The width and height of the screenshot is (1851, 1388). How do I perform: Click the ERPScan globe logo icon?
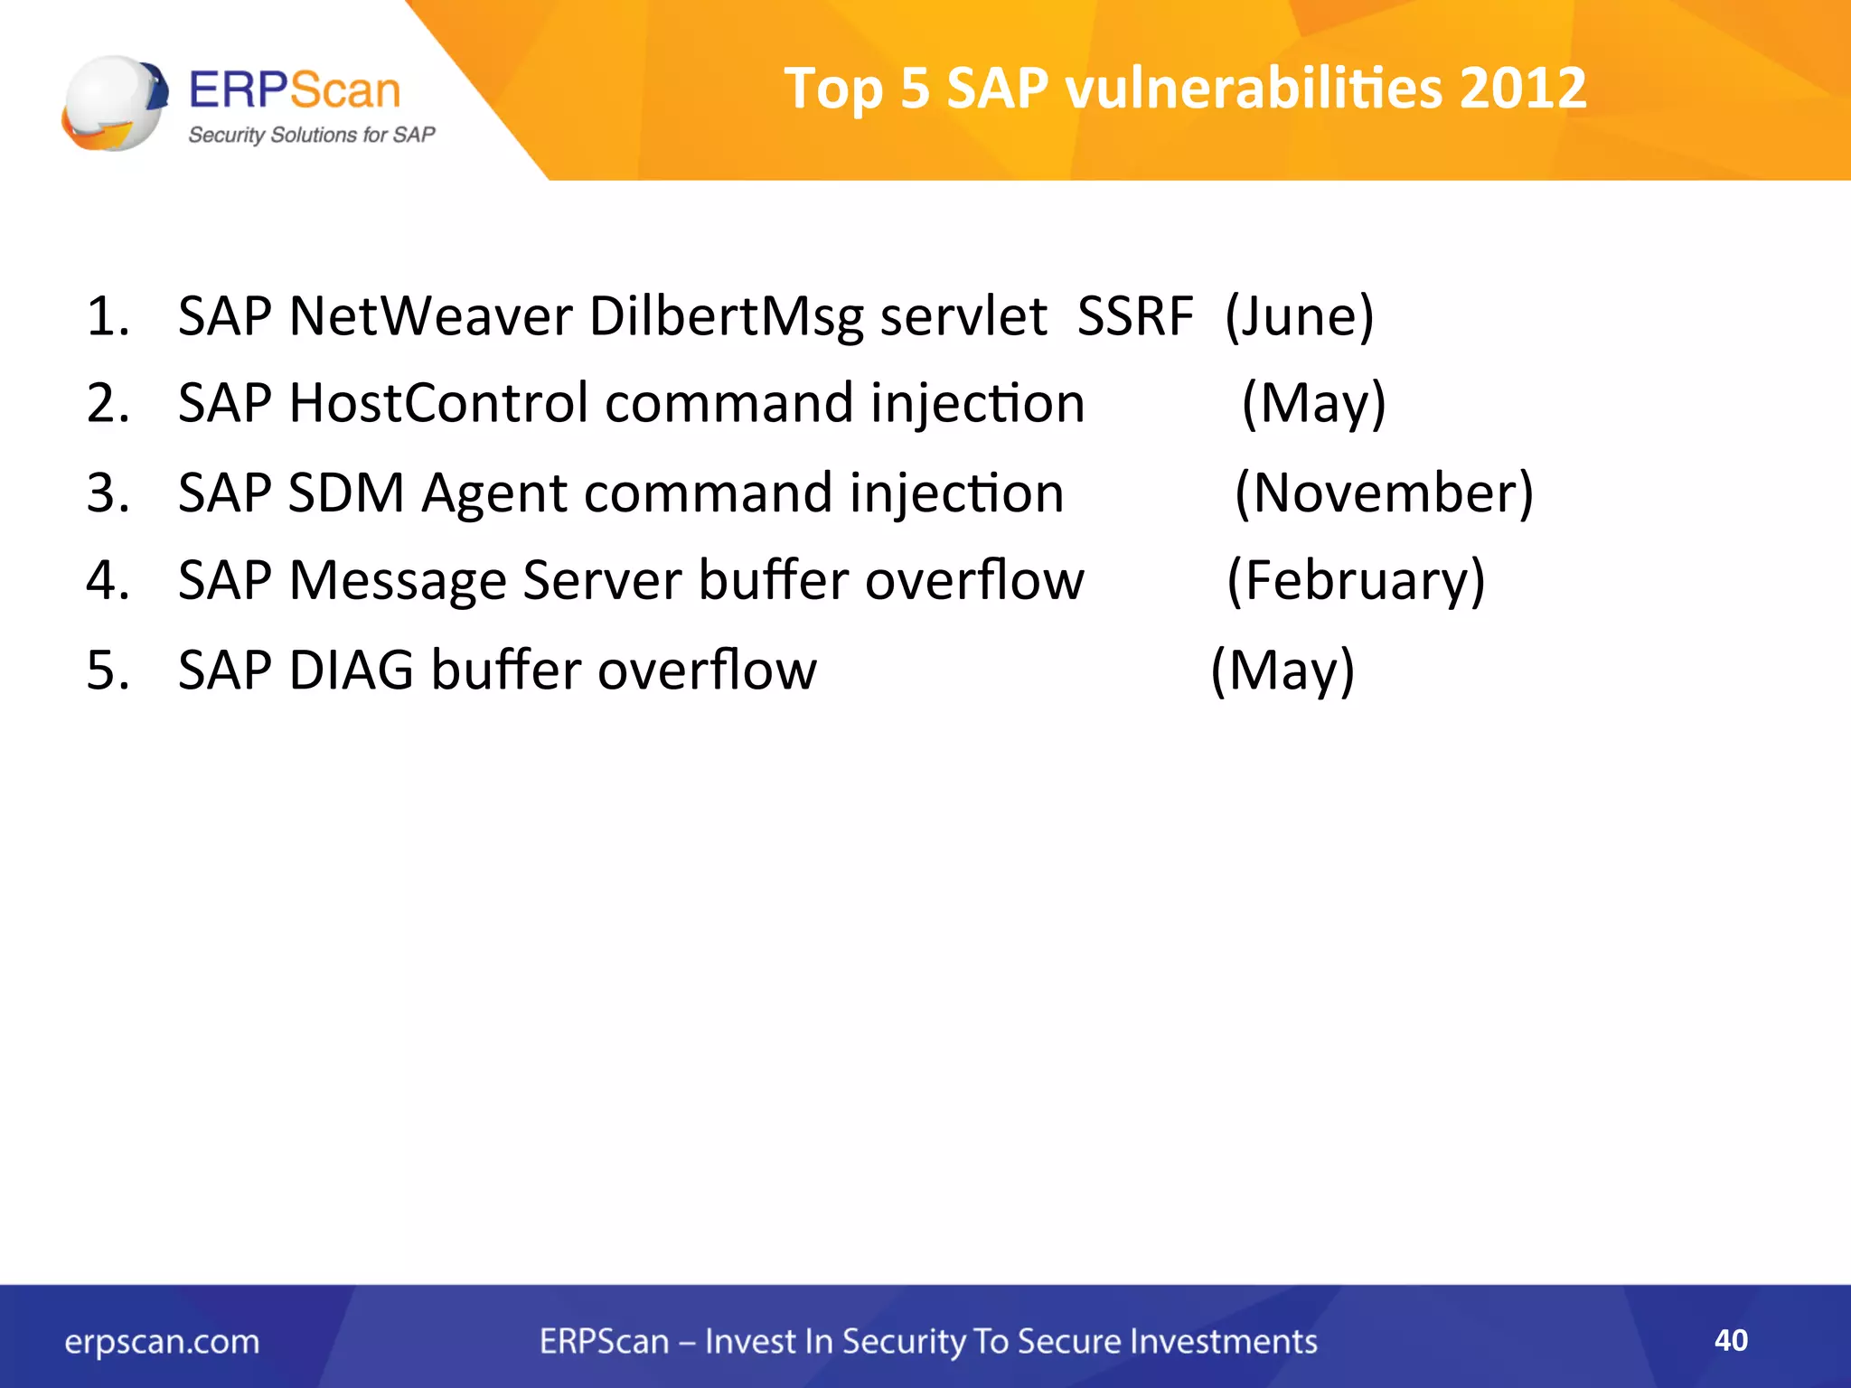click(116, 103)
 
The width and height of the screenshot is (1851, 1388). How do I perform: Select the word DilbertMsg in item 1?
click(727, 317)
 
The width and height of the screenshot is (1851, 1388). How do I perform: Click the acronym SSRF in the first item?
click(1135, 317)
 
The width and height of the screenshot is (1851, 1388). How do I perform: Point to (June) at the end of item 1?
click(1299, 317)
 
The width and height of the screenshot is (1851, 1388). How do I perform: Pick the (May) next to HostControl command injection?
click(1313, 403)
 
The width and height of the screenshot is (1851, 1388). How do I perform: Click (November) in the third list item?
click(1384, 493)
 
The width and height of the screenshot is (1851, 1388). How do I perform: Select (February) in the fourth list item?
click(1356, 580)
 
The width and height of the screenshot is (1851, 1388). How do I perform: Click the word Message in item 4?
click(397, 580)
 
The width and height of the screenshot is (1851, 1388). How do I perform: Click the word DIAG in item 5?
click(351, 671)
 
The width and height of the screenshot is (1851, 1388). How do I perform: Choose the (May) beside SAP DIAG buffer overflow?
click(1283, 671)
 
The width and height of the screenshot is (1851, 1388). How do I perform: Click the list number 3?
click(108, 493)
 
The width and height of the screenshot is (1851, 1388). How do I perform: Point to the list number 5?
click(108, 671)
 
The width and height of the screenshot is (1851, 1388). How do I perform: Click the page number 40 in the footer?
click(1731, 1340)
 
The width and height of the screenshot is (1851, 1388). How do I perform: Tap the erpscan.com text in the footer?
click(162, 1342)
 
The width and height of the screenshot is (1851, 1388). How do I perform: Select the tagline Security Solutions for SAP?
click(311, 135)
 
